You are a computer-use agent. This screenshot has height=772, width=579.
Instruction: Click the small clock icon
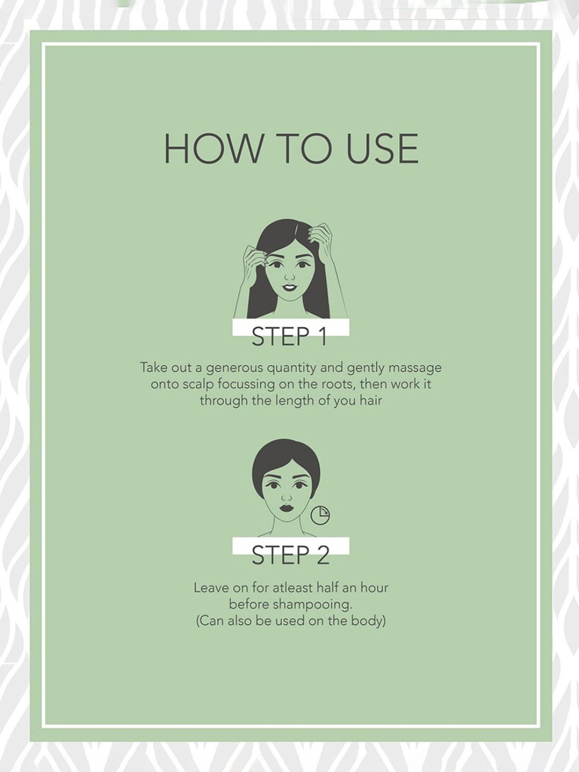(x=320, y=516)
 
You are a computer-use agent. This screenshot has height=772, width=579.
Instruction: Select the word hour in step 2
(x=374, y=588)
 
